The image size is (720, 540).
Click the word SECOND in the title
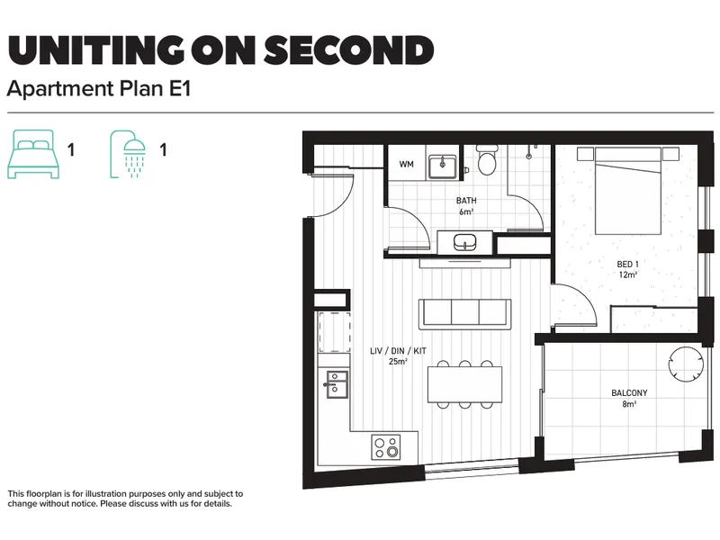349,49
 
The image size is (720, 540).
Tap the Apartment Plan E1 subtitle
99,87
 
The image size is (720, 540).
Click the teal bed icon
33,154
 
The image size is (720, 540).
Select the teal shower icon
128,154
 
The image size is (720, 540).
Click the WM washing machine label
407,164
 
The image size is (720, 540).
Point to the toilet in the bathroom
487,160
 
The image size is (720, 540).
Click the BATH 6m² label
466,206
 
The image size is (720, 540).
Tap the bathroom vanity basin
464,242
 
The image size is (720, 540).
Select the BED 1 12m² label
627,269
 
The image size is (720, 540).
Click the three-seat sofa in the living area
464,314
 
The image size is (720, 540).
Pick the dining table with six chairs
464,384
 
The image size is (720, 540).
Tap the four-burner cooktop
386,446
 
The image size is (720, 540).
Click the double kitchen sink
337,385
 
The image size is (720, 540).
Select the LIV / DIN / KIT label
398,351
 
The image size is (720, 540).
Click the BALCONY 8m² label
629,398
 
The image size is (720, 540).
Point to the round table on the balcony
686,364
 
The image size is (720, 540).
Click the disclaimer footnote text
125,499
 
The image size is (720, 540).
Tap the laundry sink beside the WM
442,166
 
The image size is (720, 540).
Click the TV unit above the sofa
464,263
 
